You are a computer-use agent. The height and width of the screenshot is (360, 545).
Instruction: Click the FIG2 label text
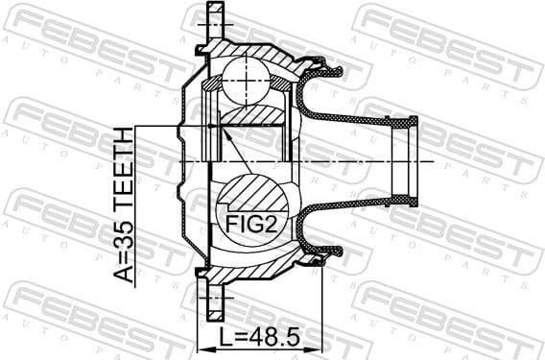[249, 224]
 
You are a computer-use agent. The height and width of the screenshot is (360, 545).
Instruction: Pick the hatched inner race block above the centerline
[251, 115]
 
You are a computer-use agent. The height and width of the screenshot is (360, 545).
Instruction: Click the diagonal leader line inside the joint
[237, 152]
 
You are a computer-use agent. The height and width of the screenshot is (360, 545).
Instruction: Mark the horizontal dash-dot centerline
[365, 162]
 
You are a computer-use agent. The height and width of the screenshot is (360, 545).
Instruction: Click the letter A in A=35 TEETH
[125, 273]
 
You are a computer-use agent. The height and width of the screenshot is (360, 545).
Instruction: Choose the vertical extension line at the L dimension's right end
[322, 307]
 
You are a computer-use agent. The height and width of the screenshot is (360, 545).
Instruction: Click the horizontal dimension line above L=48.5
[259, 348]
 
